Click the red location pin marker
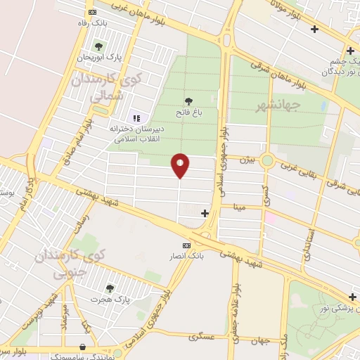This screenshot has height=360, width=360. pyautogui.click(x=180, y=165)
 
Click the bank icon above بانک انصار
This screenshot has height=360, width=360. pyautogui.click(x=186, y=245)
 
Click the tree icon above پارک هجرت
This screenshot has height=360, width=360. pyautogui.click(x=110, y=288)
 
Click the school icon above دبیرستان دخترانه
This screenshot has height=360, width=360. pyautogui.click(x=136, y=119)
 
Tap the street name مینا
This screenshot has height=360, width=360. pyautogui.click(x=241, y=207)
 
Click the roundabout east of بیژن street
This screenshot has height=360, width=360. pyautogui.click(x=266, y=161)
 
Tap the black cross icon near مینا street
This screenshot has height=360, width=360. pyautogui.click(x=205, y=213)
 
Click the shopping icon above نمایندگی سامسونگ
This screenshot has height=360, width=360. pyautogui.click(x=84, y=347)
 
